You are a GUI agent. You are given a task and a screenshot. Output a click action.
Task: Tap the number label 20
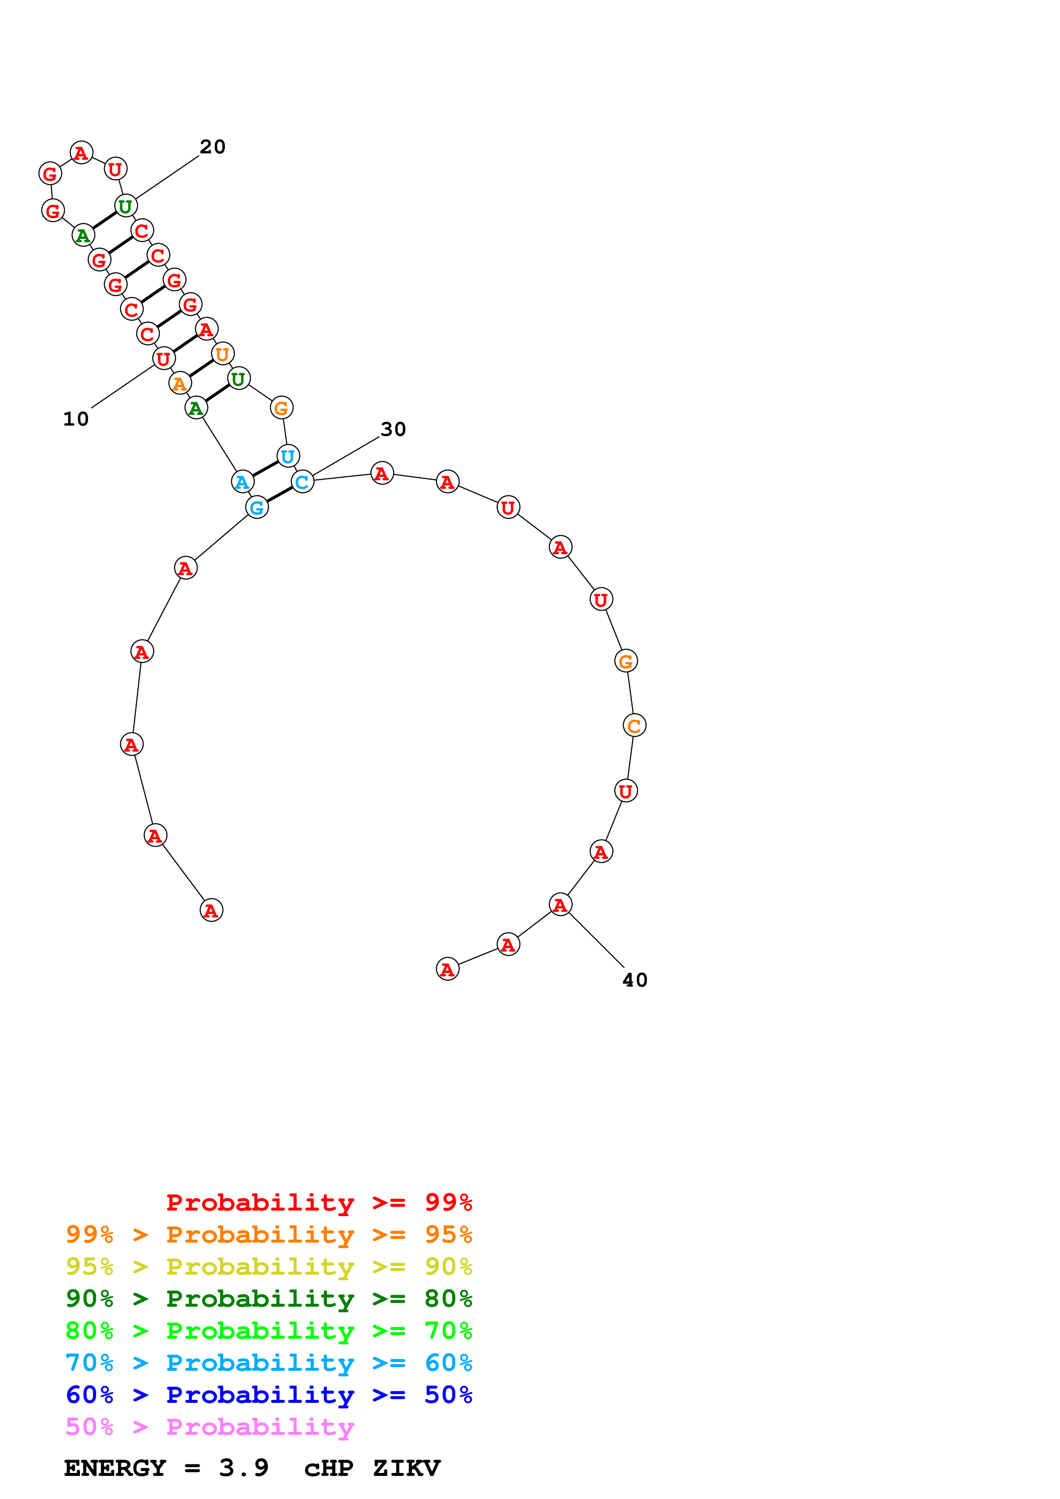coord(212,147)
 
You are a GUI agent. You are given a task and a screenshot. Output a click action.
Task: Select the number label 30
coord(393,429)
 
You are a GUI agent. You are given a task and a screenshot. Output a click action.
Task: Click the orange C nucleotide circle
coord(634,725)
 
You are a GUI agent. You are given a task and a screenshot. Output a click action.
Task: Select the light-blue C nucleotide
coord(302,482)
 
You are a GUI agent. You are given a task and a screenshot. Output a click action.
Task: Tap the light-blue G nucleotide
coord(257,507)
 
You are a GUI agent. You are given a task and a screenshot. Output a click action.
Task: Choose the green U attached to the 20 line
coord(125,206)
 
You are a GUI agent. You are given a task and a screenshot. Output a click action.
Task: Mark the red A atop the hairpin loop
coord(81,153)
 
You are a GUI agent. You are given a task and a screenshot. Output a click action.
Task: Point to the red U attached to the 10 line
coord(163,359)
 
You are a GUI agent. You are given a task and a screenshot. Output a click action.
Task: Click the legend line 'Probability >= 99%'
coord(319,1202)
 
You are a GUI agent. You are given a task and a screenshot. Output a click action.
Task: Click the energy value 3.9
coord(244,1468)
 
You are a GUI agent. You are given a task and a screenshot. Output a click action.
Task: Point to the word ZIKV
coord(406,1468)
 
